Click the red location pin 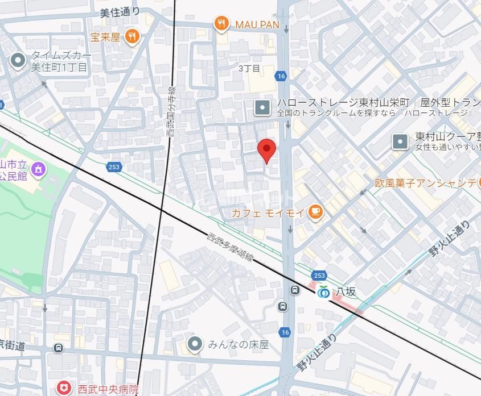click(x=266, y=149)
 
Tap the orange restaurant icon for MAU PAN click(x=221, y=24)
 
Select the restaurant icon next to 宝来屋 click(x=133, y=37)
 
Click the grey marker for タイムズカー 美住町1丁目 click(x=18, y=60)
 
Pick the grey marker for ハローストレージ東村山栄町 click(x=262, y=107)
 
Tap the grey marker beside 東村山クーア click(x=401, y=141)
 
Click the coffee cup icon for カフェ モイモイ click(x=315, y=212)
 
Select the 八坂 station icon click(x=323, y=291)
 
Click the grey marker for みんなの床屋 click(x=195, y=344)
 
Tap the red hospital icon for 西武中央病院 click(x=65, y=389)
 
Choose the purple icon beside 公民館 click(x=38, y=168)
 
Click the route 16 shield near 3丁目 click(x=281, y=76)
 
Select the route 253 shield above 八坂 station click(x=319, y=276)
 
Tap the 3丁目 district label click(x=249, y=68)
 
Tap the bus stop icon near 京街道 click(x=58, y=348)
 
